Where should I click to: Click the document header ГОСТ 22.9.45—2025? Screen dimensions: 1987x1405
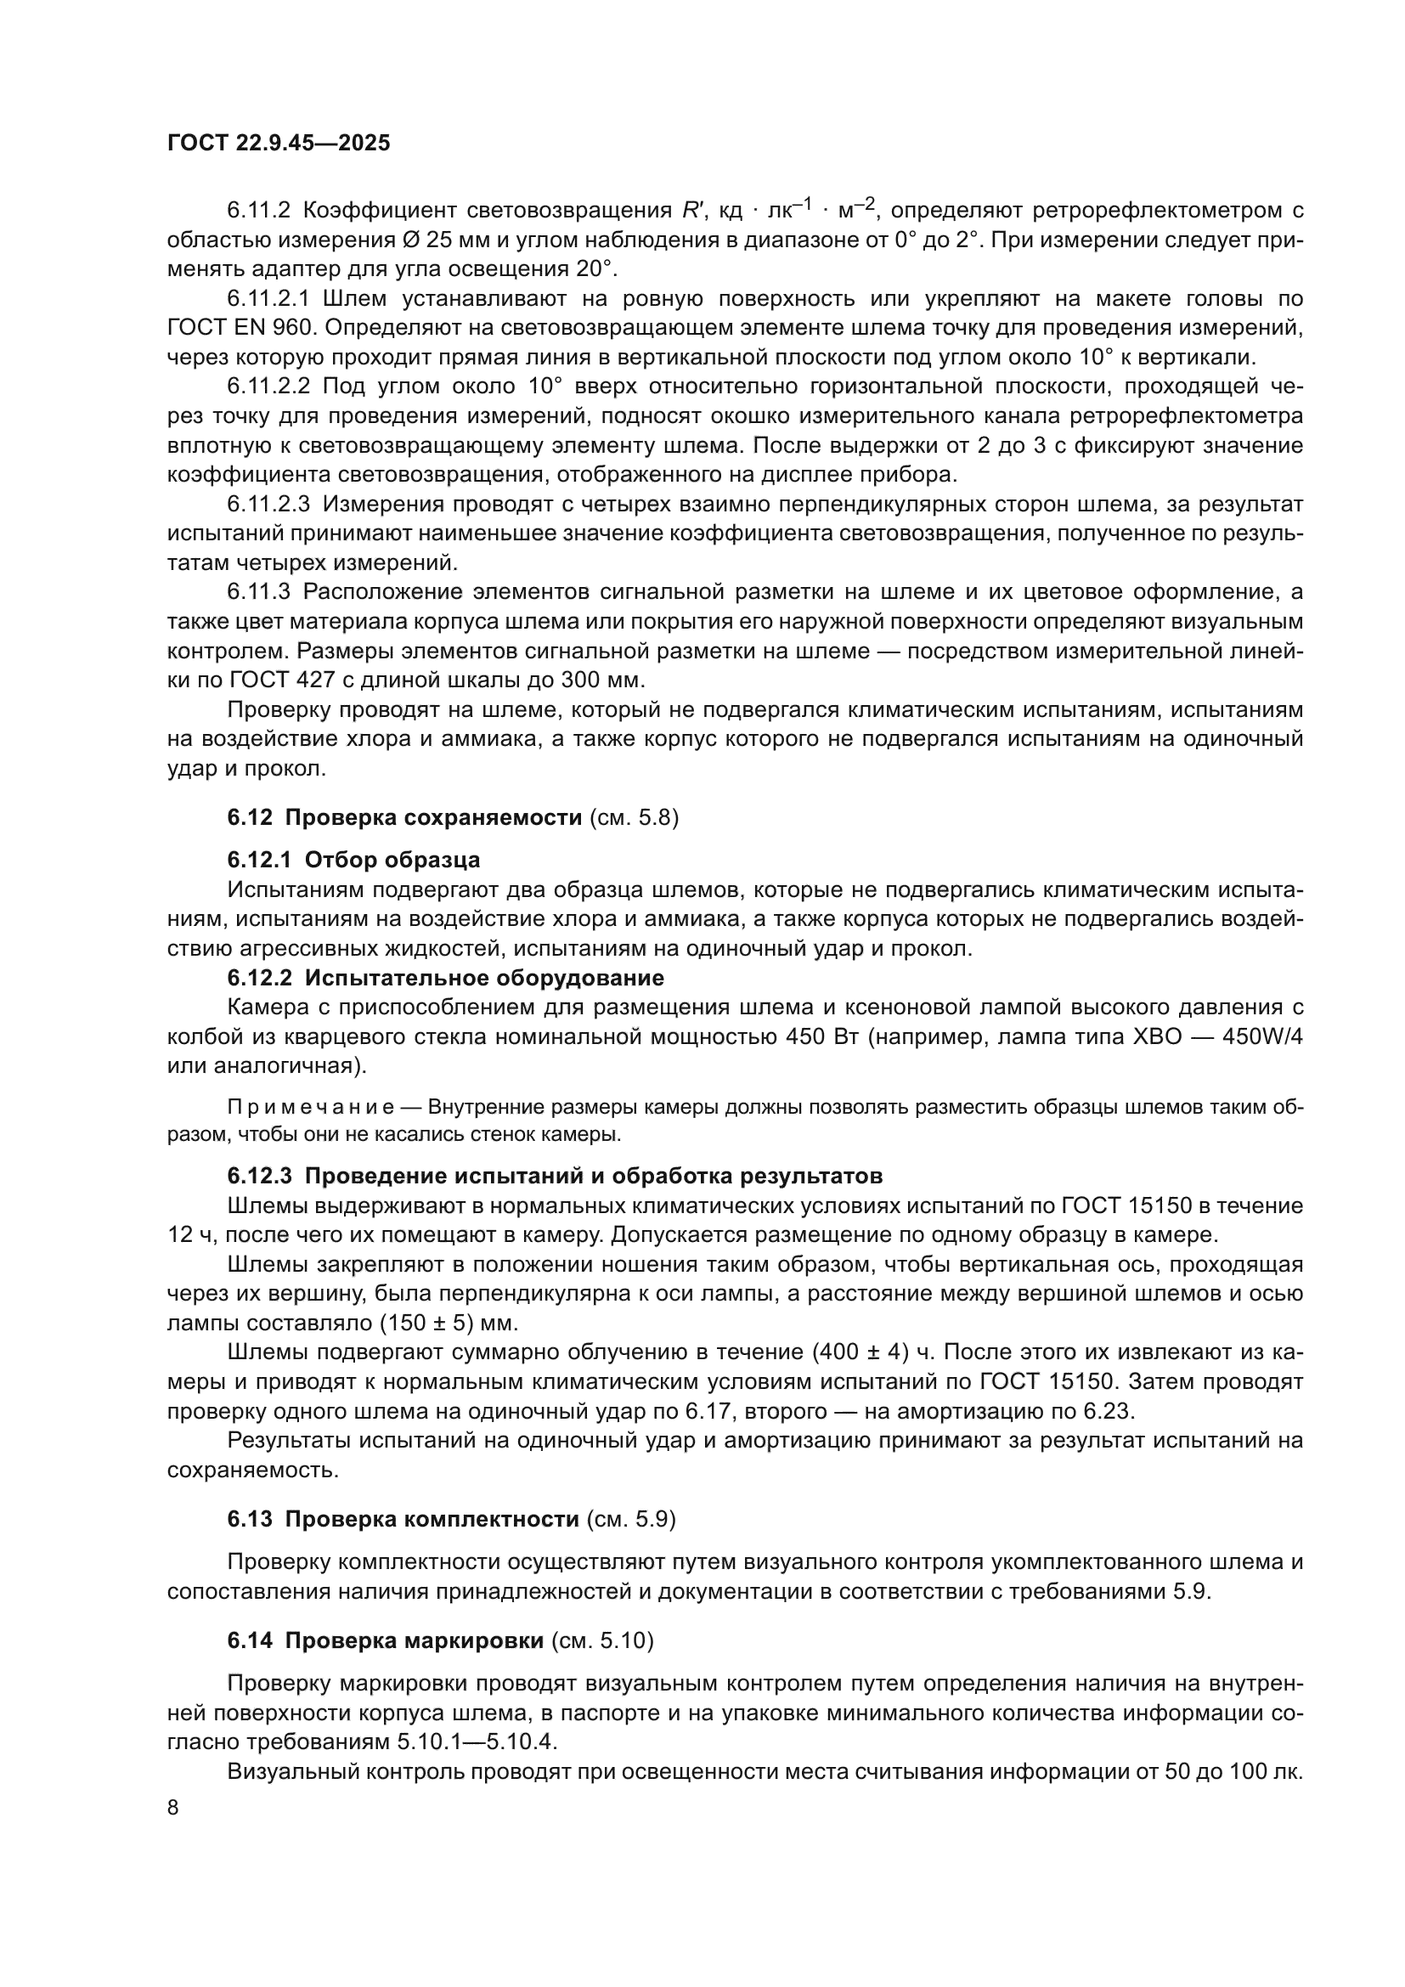[x=279, y=143]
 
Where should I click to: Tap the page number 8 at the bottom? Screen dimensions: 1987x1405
[x=173, y=1808]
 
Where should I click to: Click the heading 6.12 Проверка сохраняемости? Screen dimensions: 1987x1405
[x=405, y=817]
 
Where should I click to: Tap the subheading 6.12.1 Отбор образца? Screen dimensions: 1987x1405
[x=354, y=861]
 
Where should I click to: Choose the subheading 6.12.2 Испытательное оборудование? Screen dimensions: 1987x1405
[x=446, y=978]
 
